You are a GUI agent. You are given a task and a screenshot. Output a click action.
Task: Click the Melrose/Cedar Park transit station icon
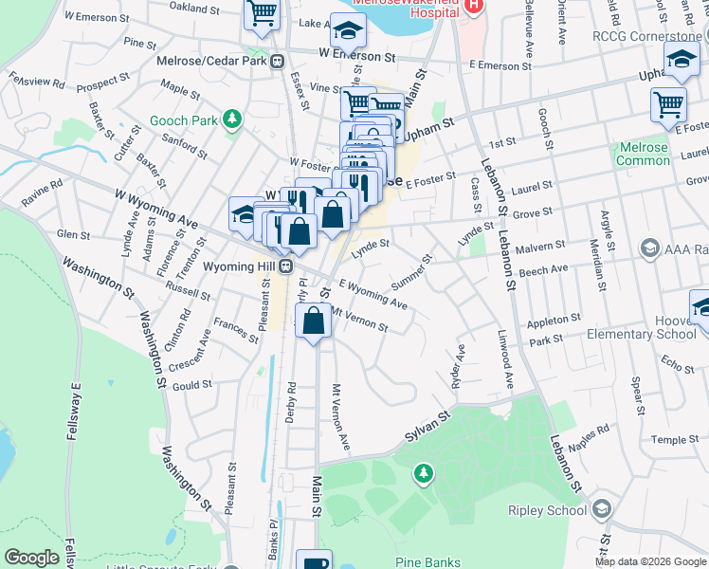click(x=278, y=62)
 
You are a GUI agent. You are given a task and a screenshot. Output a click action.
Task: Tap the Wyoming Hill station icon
click(x=285, y=266)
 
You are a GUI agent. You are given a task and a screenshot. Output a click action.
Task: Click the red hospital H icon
click(x=474, y=5)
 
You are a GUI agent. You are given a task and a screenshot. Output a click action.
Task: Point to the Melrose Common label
click(x=643, y=155)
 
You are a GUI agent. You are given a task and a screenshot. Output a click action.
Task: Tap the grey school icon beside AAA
click(x=649, y=248)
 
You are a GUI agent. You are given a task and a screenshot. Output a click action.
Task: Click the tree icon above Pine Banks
click(x=426, y=471)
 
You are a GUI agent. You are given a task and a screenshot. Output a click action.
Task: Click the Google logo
click(x=31, y=558)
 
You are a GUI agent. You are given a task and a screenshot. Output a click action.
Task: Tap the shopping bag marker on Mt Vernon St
click(x=314, y=322)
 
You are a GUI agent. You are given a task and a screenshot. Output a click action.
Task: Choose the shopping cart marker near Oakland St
click(x=262, y=14)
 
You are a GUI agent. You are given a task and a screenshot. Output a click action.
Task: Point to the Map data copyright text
click(x=649, y=561)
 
